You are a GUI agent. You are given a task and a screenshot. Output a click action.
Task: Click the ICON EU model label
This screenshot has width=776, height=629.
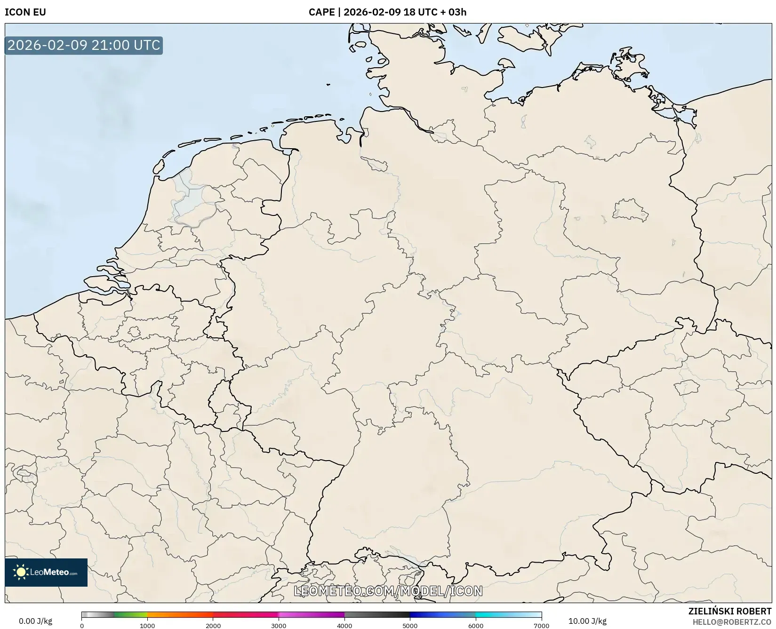coord(25,12)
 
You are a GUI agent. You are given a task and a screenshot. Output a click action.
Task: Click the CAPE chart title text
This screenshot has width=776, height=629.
coord(387,12)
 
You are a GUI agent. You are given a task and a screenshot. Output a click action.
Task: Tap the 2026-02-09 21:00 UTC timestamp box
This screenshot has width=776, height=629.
coord(84,46)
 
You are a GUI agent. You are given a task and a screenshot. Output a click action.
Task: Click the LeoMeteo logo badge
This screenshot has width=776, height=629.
coord(46,572)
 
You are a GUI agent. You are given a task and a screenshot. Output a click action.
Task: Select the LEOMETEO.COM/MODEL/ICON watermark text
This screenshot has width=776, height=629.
coord(388,591)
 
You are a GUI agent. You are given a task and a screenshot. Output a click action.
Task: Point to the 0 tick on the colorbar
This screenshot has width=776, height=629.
coord(82,626)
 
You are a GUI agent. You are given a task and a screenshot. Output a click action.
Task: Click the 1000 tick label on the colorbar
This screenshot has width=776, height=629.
coord(147,626)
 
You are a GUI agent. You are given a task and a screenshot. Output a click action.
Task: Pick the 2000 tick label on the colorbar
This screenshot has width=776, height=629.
coord(213,626)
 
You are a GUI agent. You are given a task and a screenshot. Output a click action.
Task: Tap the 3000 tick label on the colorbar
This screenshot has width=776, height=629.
coord(279,626)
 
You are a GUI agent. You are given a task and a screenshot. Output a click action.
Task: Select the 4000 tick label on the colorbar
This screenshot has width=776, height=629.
coord(344,626)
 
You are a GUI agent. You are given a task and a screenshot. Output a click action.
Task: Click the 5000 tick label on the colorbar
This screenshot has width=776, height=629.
coord(410,626)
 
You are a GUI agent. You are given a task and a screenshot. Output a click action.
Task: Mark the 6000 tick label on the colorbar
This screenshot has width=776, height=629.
coord(476,626)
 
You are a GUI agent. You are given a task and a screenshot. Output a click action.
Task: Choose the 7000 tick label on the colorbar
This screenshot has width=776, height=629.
coord(541,626)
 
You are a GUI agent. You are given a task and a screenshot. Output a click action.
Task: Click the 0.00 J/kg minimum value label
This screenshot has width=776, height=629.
coord(35,621)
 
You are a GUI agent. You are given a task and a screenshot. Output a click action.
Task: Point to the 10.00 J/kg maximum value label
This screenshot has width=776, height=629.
coord(587,621)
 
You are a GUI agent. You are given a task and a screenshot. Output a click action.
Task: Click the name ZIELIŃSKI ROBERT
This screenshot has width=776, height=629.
coord(730,611)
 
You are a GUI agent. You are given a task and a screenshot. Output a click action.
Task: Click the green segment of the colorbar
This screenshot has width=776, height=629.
coord(131,614)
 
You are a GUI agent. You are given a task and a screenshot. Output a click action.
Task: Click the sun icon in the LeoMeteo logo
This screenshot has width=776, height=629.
coord(21,572)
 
